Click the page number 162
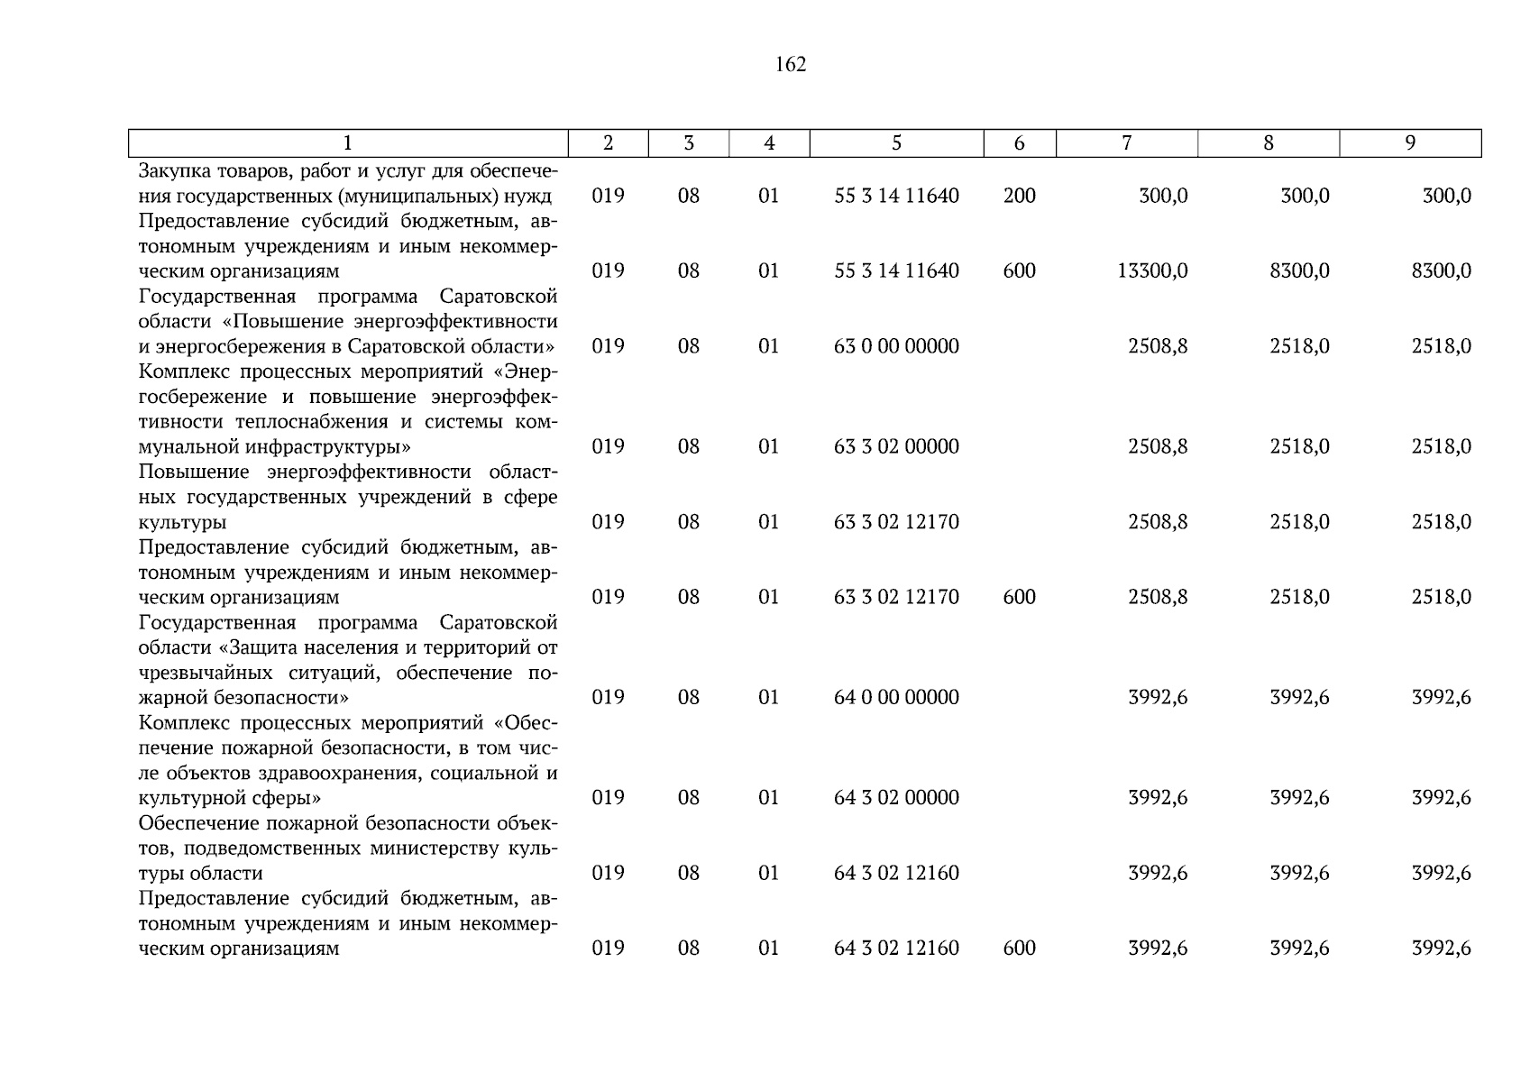[790, 65]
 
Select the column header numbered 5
[896, 143]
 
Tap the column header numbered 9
[1410, 143]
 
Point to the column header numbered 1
[348, 143]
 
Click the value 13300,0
[1152, 270]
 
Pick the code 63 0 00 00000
[896, 346]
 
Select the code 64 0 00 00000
[896, 697]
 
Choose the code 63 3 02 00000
[896, 446]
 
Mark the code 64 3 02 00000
[896, 797]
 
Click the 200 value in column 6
[1019, 196]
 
